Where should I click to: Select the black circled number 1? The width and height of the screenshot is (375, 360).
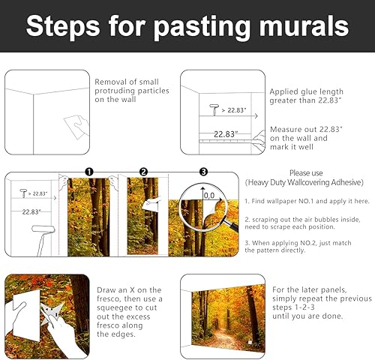point(88,172)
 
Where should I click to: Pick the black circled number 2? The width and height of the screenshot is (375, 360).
point(143,172)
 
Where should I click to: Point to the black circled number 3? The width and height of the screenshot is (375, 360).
point(201,172)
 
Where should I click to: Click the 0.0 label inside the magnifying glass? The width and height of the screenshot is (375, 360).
point(209,196)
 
